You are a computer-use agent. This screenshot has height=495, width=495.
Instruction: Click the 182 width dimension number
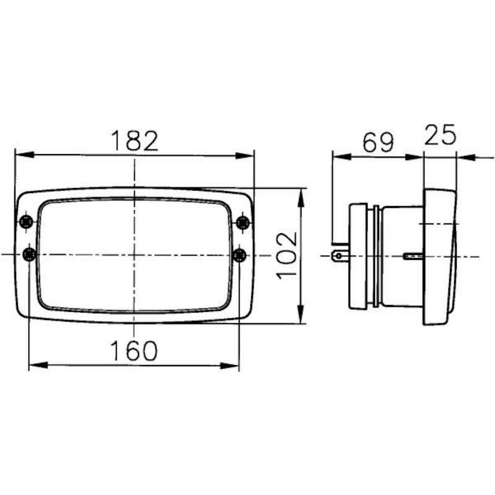coord(135,140)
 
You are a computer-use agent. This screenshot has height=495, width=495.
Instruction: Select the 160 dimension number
coord(134,351)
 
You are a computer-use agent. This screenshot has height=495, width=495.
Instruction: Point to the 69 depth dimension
coord(378,142)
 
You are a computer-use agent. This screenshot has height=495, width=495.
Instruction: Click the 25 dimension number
coord(440,135)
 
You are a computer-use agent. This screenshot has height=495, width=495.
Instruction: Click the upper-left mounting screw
coord(26,222)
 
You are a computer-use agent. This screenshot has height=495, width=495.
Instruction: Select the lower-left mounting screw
coord(30,254)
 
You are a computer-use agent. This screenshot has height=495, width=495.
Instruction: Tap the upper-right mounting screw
coord(243,223)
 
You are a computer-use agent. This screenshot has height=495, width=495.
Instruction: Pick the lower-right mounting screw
coord(239,255)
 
